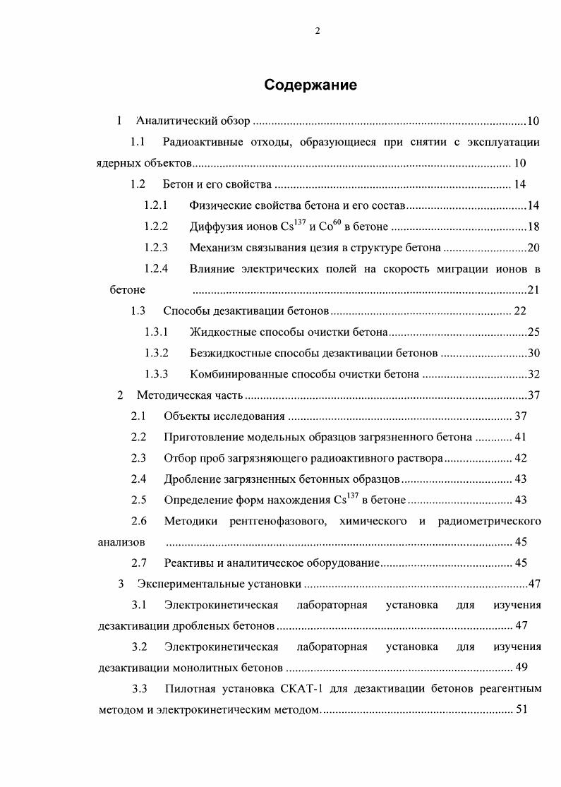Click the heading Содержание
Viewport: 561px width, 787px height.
click(x=310, y=85)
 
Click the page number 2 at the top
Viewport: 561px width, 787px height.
click(x=318, y=30)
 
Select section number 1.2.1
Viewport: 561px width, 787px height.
click(x=155, y=206)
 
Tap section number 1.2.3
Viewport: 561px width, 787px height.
click(x=155, y=248)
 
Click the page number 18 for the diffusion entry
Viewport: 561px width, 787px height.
click(x=533, y=227)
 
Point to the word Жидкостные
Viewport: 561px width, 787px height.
click(x=217, y=332)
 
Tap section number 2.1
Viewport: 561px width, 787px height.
click(x=138, y=416)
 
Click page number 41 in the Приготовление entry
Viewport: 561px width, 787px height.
click(x=521, y=438)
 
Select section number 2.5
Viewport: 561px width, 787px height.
click(x=138, y=500)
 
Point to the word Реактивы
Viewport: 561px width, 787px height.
click(x=186, y=563)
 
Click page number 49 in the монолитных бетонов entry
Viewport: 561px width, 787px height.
click(x=521, y=667)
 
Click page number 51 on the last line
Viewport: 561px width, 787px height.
click(x=521, y=709)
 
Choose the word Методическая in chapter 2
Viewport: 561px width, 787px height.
click(x=169, y=395)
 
